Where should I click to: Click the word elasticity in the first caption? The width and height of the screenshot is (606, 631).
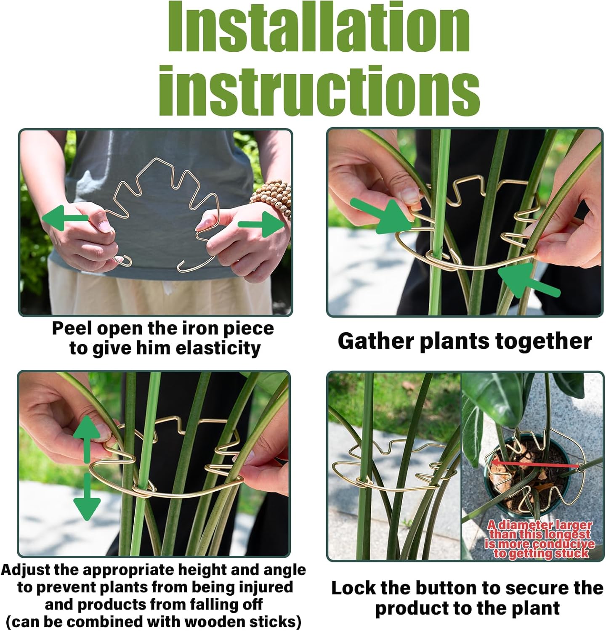click(218, 348)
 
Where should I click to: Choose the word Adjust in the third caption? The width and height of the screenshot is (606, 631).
click(28, 570)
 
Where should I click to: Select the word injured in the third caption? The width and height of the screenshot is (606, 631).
click(265, 587)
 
